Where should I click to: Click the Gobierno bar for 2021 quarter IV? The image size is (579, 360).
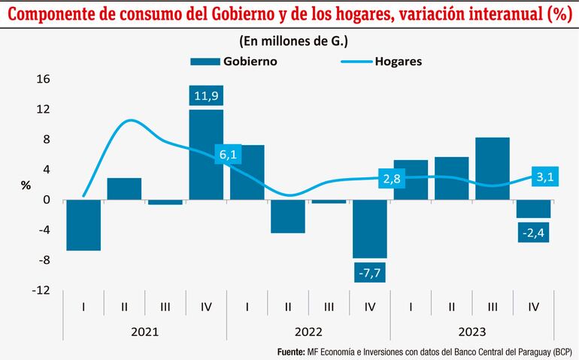[206, 155]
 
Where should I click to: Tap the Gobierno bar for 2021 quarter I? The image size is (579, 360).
[83, 225]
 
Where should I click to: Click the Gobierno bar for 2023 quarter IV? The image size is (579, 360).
[533, 209]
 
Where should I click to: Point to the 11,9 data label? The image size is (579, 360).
[206, 95]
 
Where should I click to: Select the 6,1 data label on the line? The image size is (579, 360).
[229, 155]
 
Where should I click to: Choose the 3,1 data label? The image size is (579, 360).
[544, 177]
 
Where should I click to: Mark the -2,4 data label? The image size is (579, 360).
[533, 231]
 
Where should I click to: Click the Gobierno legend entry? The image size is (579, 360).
[234, 62]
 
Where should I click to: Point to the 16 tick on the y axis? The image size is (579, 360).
[43, 79]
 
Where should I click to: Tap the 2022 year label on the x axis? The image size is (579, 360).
[308, 331]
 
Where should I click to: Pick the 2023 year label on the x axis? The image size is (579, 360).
[472, 331]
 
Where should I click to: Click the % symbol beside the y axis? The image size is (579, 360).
[26, 185]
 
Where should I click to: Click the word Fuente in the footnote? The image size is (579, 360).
[294, 351]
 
